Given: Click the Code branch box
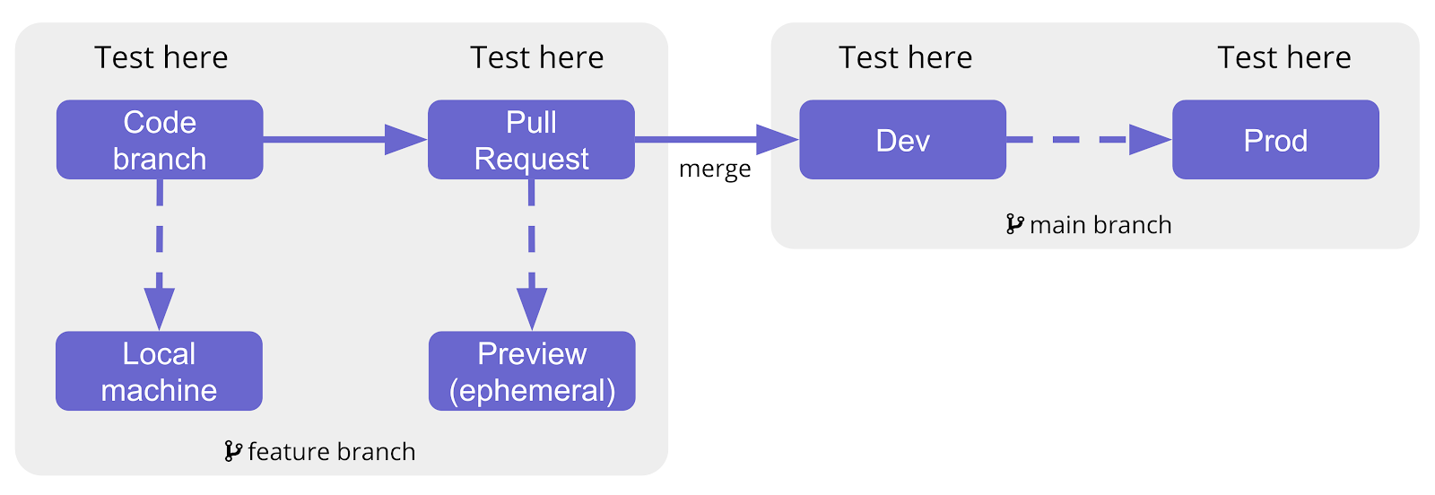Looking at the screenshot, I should (x=160, y=140).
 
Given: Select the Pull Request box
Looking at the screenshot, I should (x=531, y=140).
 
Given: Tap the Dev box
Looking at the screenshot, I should (x=902, y=140).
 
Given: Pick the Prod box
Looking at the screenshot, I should (x=1275, y=140).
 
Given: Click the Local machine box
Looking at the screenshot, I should (x=159, y=371).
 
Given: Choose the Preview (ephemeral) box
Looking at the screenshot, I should (x=532, y=371).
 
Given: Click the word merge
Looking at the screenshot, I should (x=715, y=169).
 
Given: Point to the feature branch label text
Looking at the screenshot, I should (x=331, y=451).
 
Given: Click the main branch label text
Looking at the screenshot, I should (x=1100, y=224).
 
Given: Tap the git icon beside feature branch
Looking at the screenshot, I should (x=233, y=450).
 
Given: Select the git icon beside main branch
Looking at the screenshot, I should (x=1014, y=223).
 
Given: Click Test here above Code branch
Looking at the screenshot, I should (x=161, y=57).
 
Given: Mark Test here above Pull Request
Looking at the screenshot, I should (x=537, y=57).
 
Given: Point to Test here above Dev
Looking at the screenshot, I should (x=906, y=57).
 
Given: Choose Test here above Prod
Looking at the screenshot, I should (x=1284, y=57).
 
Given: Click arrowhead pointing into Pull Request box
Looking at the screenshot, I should (x=405, y=139).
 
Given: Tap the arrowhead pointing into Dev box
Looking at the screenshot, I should (x=777, y=139).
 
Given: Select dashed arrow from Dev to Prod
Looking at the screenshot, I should (x=1089, y=139).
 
